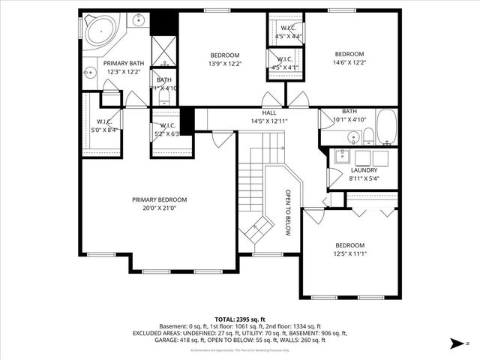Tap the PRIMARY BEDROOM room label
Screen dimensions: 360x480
(x=159, y=199)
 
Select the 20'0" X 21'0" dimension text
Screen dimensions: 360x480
(x=159, y=208)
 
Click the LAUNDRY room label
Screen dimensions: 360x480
(x=364, y=170)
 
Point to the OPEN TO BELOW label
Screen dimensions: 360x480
(x=286, y=212)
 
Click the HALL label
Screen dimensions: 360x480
(x=269, y=112)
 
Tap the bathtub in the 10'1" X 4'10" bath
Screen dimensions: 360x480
(x=387, y=127)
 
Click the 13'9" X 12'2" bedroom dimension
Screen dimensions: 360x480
(x=224, y=64)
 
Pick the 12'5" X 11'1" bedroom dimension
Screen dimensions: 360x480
(x=349, y=254)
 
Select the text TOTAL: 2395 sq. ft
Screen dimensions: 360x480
(x=239, y=319)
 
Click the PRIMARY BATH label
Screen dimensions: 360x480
(x=124, y=63)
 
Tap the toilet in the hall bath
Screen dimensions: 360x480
(x=369, y=135)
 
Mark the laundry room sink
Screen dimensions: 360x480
(x=343, y=156)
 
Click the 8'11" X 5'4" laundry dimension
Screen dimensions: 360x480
(x=364, y=179)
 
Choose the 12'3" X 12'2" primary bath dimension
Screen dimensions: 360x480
(x=124, y=72)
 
